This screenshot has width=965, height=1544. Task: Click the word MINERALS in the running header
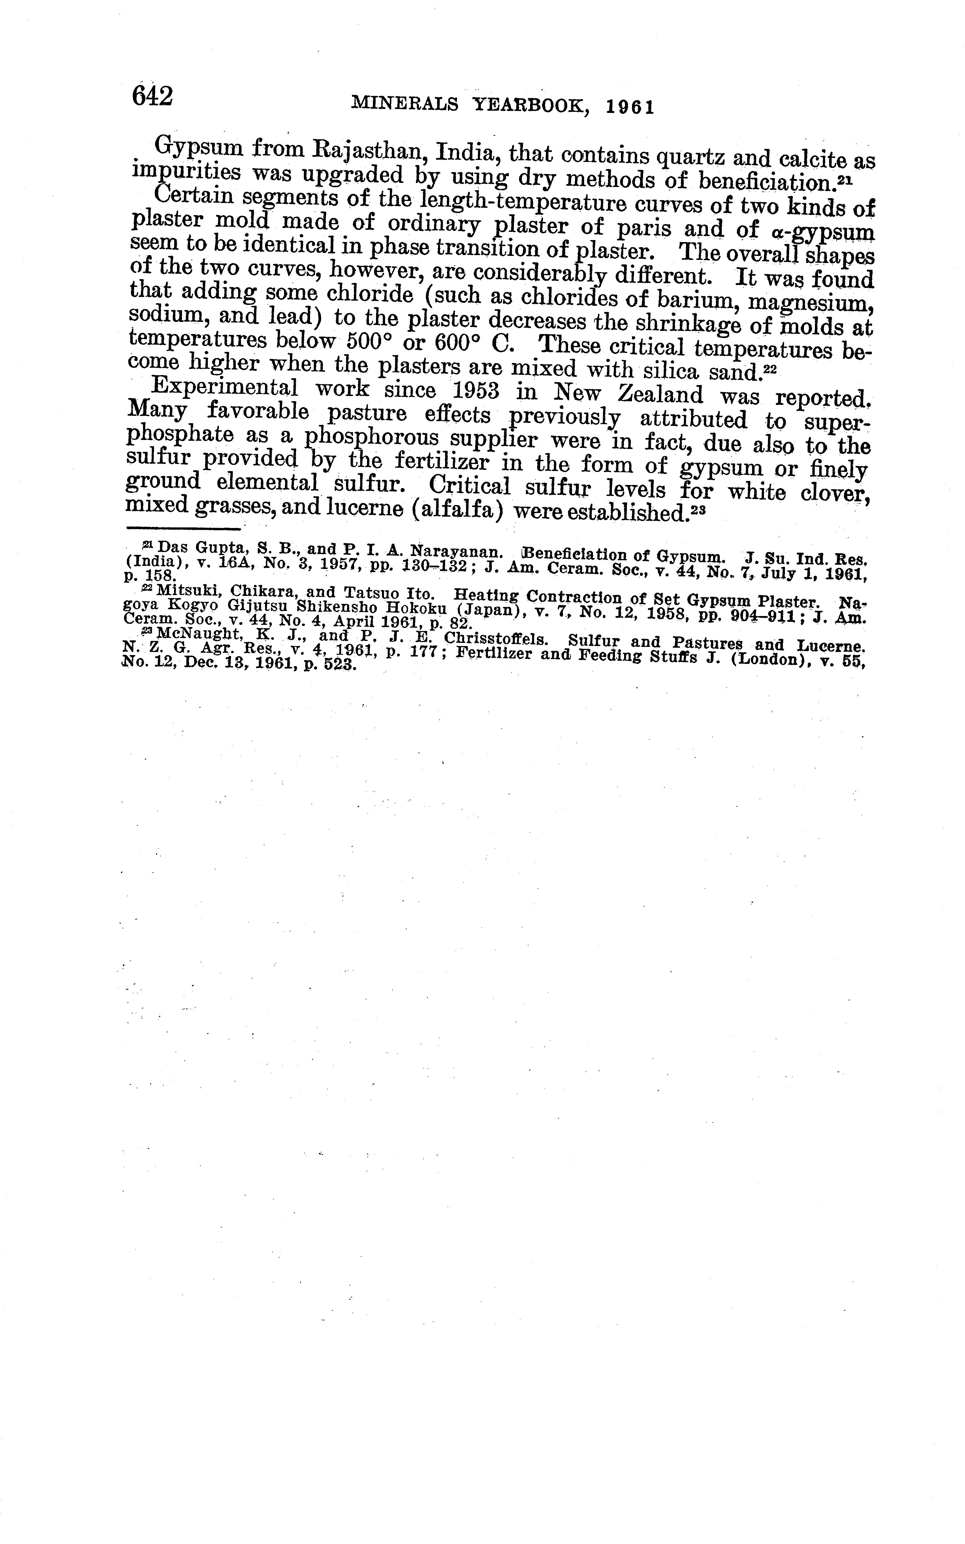pyautogui.click(x=405, y=104)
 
